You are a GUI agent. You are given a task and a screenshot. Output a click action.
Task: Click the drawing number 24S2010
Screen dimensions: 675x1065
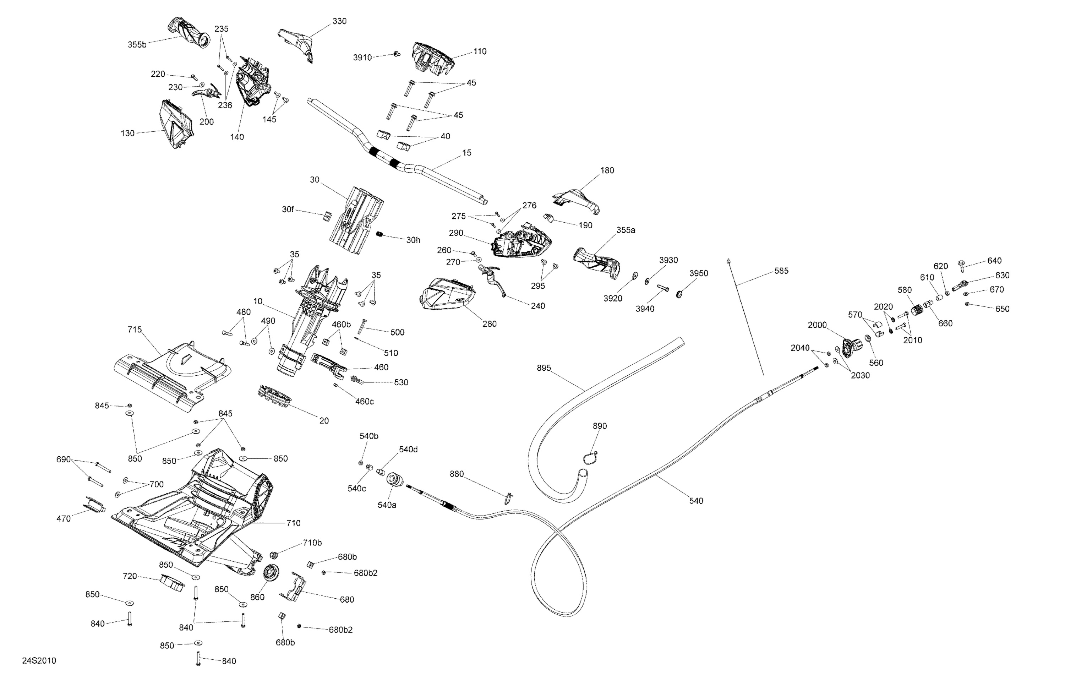[x=39, y=661]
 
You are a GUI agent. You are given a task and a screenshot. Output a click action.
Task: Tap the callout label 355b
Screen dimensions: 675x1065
[x=137, y=45]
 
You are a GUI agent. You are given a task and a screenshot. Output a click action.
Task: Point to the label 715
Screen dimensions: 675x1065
[x=135, y=330]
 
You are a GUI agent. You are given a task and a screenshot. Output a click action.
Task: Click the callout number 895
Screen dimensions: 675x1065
[x=544, y=368]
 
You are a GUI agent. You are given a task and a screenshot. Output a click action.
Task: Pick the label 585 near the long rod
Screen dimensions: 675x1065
[x=781, y=271]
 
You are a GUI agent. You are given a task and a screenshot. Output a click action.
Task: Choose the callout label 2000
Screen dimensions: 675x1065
[x=817, y=325]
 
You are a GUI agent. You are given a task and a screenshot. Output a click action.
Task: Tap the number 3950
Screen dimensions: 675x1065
[x=699, y=273]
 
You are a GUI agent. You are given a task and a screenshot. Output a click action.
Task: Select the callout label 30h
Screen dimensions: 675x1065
[x=413, y=240]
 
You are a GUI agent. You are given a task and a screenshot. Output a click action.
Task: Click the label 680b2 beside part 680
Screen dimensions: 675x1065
[x=365, y=573]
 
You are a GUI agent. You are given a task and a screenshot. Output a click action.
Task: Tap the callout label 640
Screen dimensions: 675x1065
[x=994, y=261]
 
